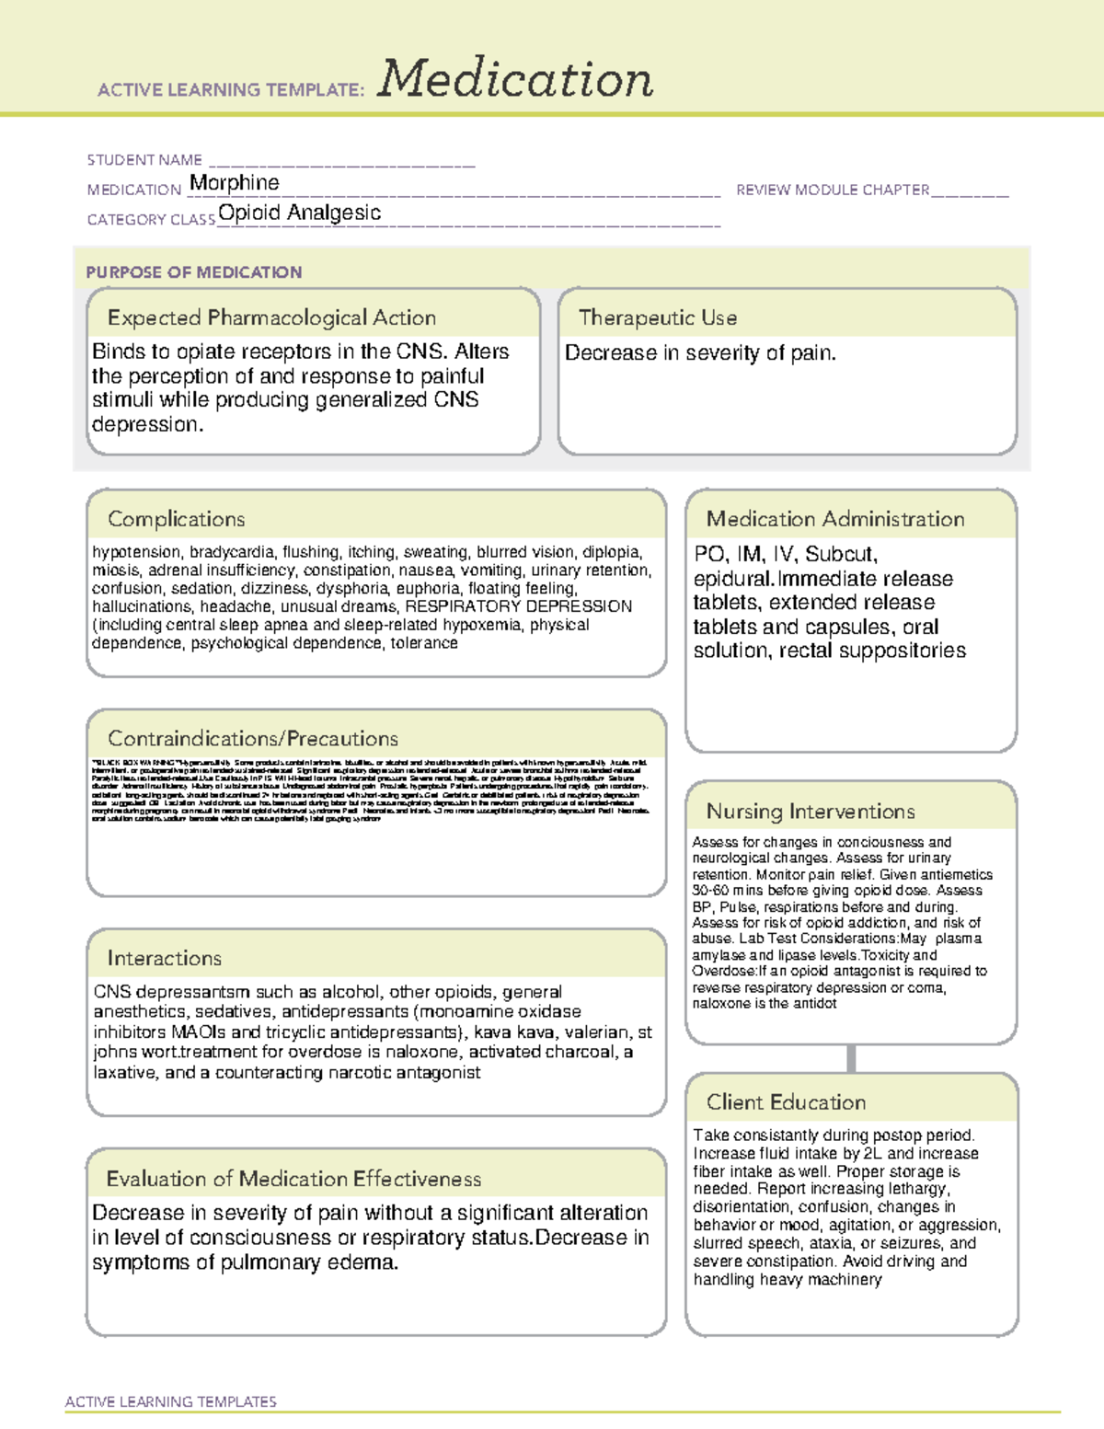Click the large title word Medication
click(x=515, y=79)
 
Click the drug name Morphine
click(x=234, y=183)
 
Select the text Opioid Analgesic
click(x=299, y=213)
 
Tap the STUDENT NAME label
click(x=144, y=160)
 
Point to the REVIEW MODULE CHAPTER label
click(x=833, y=190)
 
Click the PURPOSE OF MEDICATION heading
click(x=193, y=272)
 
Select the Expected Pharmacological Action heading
click(x=271, y=317)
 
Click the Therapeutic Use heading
click(x=658, y=317)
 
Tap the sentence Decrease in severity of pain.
click(x=700, y=353)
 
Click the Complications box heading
click(x=177, y=519)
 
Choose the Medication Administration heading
click(x=835, y=519)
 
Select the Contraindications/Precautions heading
click(x=253, y=739)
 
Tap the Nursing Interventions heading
click(x=811, y=812)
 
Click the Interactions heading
click(x=165, y=959)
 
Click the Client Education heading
click(x=787, y=1102)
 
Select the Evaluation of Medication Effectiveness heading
click(x=293, y=1179)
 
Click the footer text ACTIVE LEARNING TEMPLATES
click(x=171, y=1401)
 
